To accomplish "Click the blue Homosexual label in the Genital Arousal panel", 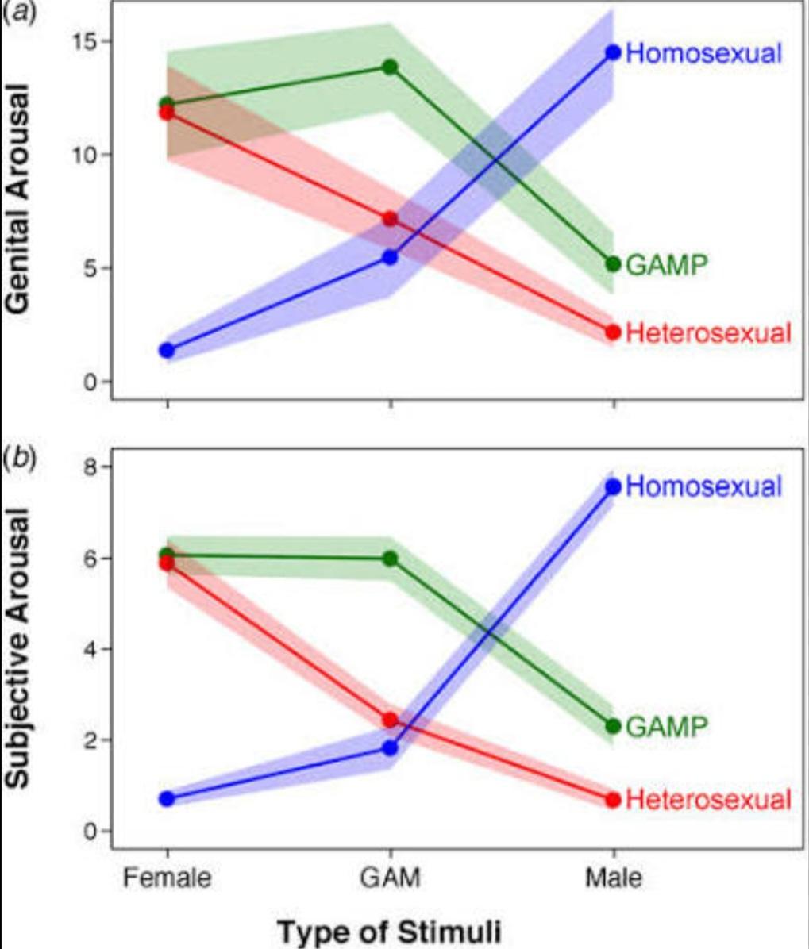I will coord(703,53).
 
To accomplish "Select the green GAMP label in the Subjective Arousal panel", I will coord(666,726).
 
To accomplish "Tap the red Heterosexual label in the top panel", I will coord(708,332).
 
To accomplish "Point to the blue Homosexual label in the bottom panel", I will coord(703,486).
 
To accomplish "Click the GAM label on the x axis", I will coord(389,878).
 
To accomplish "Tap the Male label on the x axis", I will coord(613,878).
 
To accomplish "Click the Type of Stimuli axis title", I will coord(389,931).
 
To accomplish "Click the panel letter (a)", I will coord(17,15).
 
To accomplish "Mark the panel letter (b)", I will coord(17,458).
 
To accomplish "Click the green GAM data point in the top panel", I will coord(390,67).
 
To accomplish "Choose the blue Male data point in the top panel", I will coord(613,52).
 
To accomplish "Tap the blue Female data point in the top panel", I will coord(167,350).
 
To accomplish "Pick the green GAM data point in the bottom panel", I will coord(390,559).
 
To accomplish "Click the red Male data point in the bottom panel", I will coord(613,799).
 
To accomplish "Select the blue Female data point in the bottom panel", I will coord(167,798).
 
